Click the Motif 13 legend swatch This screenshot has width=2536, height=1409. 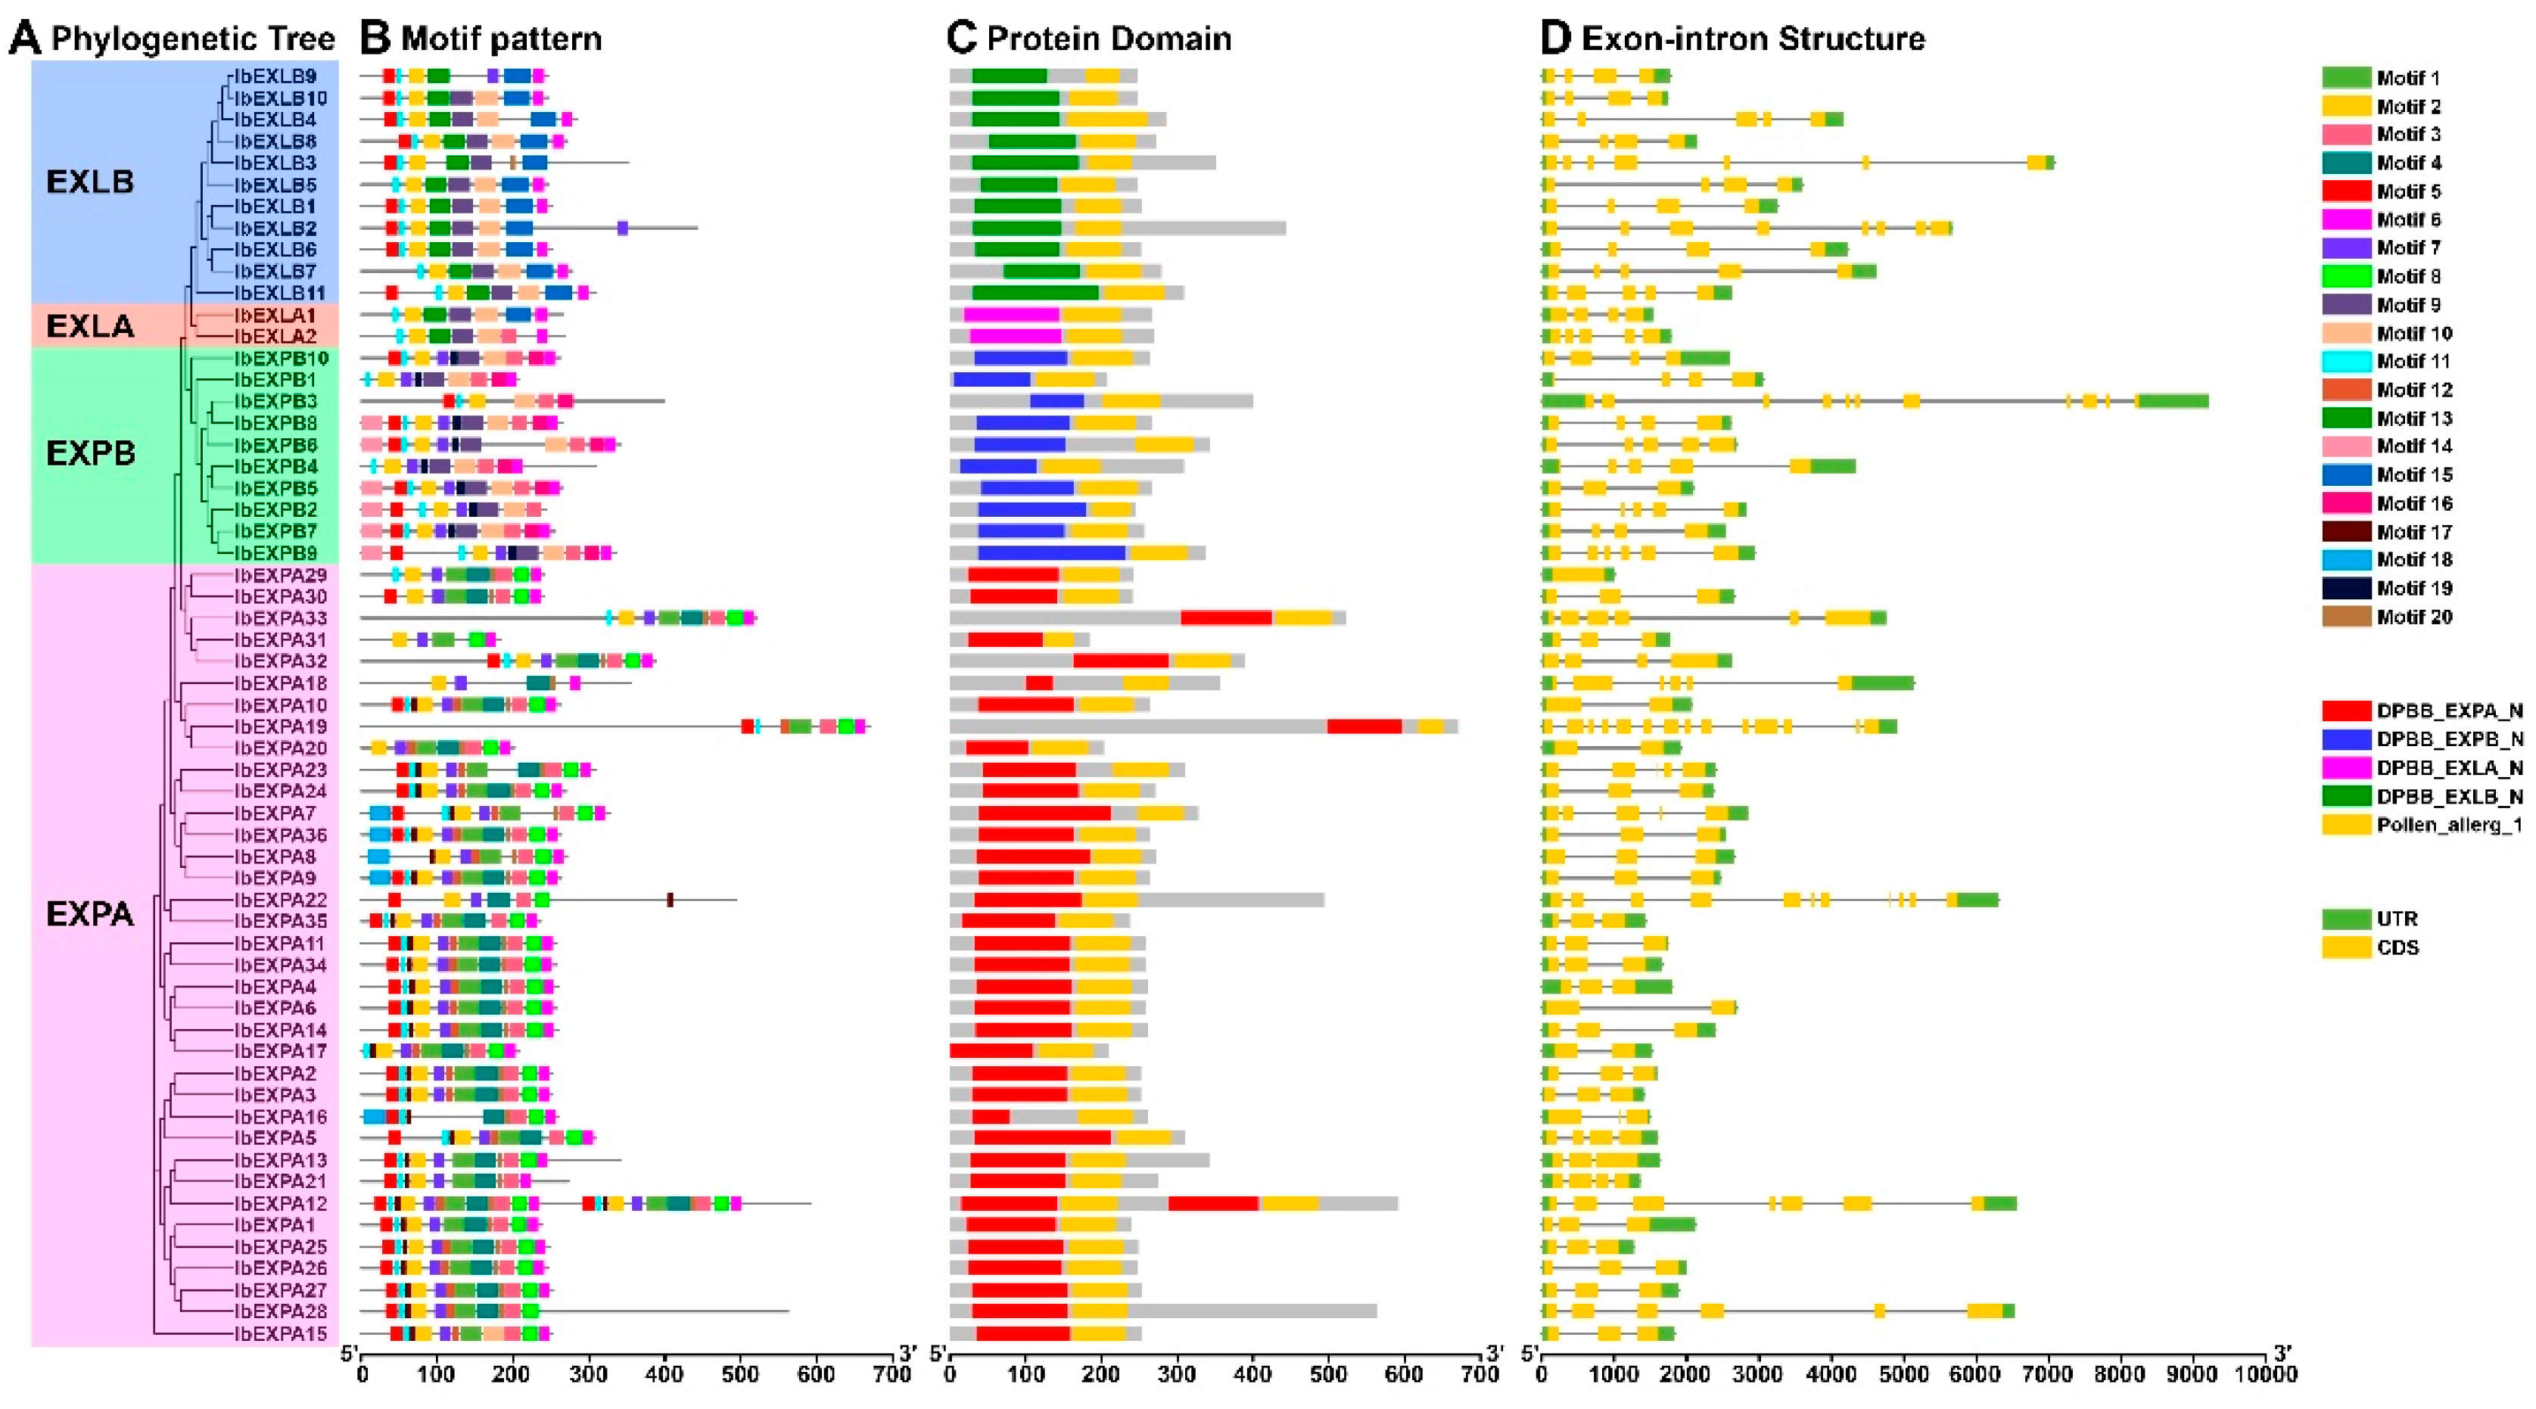point(2346,418)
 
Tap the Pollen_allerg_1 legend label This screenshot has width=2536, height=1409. point(2450,825)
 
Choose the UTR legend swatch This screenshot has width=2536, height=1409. point(2346,919)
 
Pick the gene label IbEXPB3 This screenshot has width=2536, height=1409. point(275,402)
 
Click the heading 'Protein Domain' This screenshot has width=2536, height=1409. point(1109,39)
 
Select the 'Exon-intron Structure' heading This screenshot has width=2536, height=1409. point(1753,39)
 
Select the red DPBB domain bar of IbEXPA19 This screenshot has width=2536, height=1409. point(1364,726)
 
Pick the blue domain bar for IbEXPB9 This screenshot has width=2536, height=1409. point(1051,553)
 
